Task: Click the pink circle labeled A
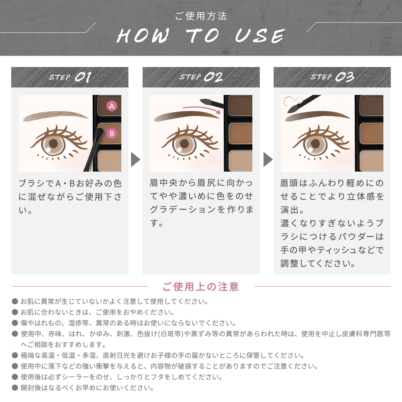point(112,106)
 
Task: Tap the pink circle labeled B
point(112,133)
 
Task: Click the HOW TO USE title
point(201,36)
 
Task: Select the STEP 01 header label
point(70,77)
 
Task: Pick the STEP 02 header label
point(201,77)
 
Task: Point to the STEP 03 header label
point(332,77)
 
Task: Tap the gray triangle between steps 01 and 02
point(135,159)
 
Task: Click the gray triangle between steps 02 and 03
point(268,159)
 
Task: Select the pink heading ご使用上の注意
point(201,287)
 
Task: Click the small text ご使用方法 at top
point(201,16)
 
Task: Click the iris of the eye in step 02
point(184,144)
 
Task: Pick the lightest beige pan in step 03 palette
point(371,161)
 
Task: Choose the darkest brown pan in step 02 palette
point(240,105)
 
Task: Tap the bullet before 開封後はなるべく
point(15,387)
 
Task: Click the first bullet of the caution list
point(15,301)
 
